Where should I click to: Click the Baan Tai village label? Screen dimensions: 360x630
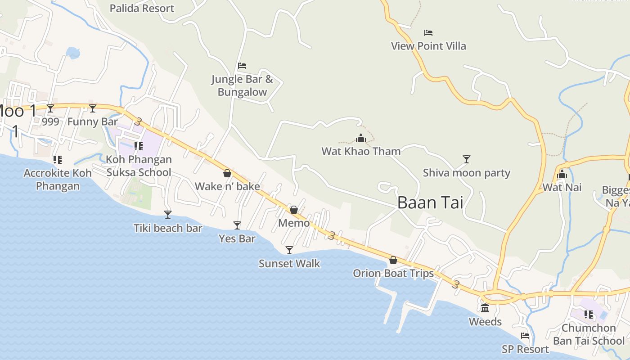[430, 202]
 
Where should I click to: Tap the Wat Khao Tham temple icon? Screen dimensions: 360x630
[361, 138]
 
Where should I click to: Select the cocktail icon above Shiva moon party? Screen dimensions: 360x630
[467, 159]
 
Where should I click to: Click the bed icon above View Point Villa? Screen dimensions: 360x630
[428, 33]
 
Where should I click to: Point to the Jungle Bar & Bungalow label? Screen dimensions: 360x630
[242, 86]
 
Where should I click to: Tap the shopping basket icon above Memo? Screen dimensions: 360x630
[294, 210]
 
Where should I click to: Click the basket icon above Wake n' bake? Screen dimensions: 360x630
[227, 173]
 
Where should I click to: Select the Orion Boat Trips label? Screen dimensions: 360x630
[393, 273]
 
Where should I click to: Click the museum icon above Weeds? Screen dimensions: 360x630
[485, 308]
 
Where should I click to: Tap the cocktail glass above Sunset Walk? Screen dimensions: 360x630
[289, 250]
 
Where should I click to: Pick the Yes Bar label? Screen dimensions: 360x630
[237, 238]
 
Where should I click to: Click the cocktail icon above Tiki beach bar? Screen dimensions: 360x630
[168, 215]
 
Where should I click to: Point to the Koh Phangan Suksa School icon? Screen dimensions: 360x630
[139, 146]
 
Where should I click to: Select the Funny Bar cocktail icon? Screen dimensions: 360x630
[93, 108]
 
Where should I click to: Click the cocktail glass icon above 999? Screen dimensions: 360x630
[50, 108]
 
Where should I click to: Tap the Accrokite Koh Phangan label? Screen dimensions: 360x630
[58, 180]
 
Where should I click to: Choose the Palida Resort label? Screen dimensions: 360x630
[142, 8]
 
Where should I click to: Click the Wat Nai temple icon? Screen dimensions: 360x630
[562, 174]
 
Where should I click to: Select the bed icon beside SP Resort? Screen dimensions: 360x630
[525, 336]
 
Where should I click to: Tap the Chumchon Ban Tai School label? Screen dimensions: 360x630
[589, 334]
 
